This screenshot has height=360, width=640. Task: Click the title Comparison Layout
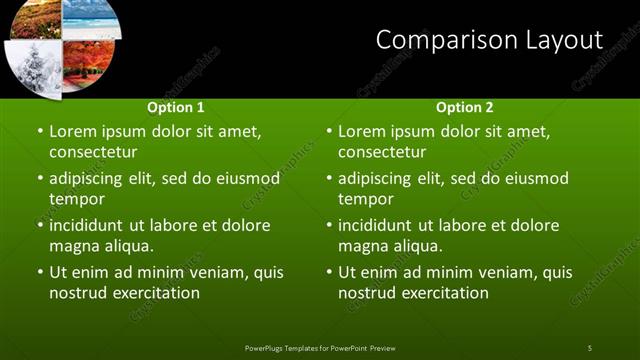489,40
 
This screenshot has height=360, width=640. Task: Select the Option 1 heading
176,107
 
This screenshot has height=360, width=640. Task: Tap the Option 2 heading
465,107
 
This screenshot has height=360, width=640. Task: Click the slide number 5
590,347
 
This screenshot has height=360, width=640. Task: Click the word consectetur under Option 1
93,152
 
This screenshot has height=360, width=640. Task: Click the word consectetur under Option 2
382,152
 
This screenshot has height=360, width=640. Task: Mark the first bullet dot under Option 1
39,131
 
